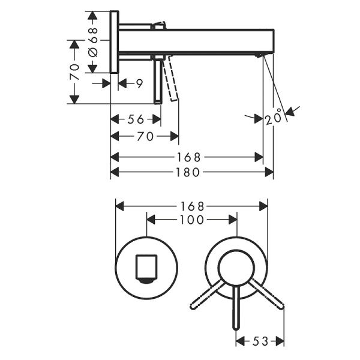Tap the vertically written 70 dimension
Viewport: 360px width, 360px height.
[x=74, y=72]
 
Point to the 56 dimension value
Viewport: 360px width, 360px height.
[x=135, y=119]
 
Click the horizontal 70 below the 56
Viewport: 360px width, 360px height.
[x=144, y=136]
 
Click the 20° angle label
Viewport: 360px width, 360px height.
[x=273, y=118]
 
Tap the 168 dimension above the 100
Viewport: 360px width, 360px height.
[x=191, y=206]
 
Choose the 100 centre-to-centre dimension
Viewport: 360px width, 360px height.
[x=191, y=220]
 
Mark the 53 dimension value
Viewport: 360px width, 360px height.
[x=259, y=341]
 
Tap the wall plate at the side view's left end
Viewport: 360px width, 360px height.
[x=114, y=41]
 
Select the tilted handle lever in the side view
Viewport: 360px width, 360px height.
[x=172, y=81]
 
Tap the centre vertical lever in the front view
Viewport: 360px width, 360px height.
[x=237, y=309]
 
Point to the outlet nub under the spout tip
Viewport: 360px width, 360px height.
[x=259, y=55]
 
